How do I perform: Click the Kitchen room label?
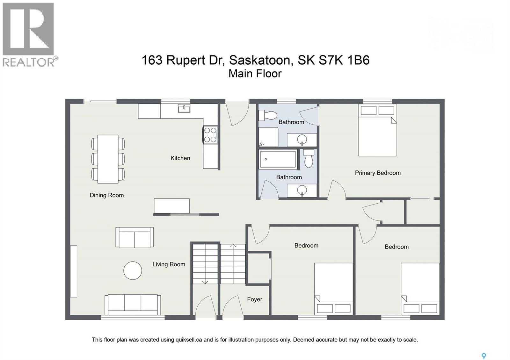(x=180, y=158)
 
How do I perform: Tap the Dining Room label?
(x=106, y=195)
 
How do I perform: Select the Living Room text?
(x=169, y=264)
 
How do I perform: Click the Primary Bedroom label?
(x=378, y=173)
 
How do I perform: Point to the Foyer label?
(x=254, y=299)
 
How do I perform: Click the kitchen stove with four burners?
(x=210, y=135)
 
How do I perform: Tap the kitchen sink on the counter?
(x=184, y=108)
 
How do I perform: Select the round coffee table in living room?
(x=133, y=270)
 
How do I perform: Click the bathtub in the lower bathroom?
(x=278, y=159)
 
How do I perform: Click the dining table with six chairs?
(x=108, y=159)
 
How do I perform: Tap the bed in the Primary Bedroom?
(x=377, y=131)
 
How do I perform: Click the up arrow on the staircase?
(x=233, y=246)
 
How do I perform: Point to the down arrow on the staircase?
(x=205, y=282)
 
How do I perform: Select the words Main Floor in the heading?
(x=255, y=74)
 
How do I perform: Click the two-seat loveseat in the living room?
(x=135, y=237)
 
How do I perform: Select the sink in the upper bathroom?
(x=302, y=139)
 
